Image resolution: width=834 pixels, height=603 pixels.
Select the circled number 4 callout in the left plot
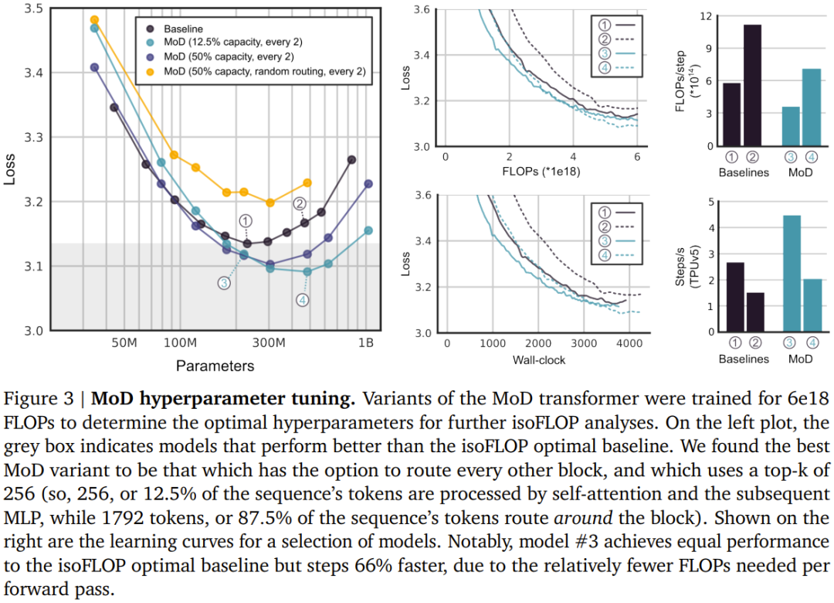click(303, 300)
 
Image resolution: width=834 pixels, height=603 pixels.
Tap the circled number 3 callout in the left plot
click(224, 283)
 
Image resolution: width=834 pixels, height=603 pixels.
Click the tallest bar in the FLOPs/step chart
click(752, 85)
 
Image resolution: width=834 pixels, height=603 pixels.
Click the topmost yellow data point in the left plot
click(94, 20)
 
